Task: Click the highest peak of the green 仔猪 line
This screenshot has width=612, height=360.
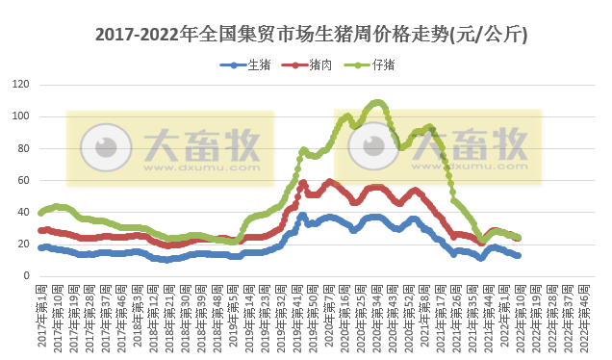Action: click(376, 102)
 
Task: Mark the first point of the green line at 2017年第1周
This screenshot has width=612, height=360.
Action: click(40, 213)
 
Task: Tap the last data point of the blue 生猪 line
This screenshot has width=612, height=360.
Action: click(519, 255)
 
